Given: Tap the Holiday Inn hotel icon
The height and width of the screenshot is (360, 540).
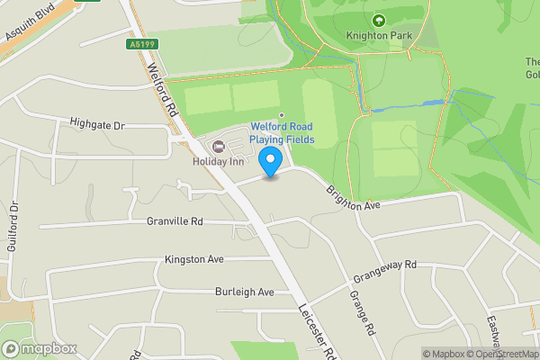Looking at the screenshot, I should (x=216, y=147).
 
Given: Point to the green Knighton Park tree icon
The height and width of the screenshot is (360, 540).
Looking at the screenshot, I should (x=377, y=20).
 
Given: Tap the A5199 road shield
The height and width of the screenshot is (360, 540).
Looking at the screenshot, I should (x=143, y=43).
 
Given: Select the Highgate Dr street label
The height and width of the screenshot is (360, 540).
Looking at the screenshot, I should (x=96, y=125).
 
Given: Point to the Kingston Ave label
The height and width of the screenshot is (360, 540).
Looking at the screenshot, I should (x=193, y=259).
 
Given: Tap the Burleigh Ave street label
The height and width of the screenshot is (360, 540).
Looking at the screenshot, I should (x=244, y=292).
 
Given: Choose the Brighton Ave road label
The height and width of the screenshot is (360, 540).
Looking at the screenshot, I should (x=354, y=193).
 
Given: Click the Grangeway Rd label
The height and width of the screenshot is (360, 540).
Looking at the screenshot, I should (x=385, y=269).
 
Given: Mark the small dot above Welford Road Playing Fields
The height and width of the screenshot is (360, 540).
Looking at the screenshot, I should (x=282, y=114).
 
